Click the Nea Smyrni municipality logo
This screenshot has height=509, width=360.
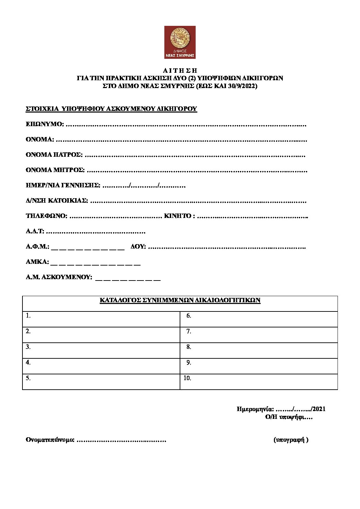pyautogui.click(x=180, y=42)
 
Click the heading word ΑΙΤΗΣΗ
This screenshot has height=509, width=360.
pyautogui.click(x=180, y=71)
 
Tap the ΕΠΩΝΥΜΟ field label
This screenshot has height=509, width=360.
pyautogui.click(x=45, y=124)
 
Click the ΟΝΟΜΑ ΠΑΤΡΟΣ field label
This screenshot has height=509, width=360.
pyautogui.click(x=54, y=155)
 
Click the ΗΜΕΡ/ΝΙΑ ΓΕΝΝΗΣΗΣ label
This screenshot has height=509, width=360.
pyautogui.click(x=63, y=186)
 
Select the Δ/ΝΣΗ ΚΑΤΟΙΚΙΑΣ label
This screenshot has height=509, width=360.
pyautogui.click(x=57, y=201)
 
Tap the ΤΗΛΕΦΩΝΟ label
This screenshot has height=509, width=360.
pyautogui.click(x=46, y=216)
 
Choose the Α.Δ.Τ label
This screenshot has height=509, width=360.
pyautogui.click(x=35, y=232)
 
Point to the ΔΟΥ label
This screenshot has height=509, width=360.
pyautogui.click(x=138, y=247)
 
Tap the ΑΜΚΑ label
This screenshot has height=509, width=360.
pyautogui.click(x=37, y=262)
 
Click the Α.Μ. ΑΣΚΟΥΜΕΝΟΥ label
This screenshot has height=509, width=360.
pyautogui.click(x=59, y=277)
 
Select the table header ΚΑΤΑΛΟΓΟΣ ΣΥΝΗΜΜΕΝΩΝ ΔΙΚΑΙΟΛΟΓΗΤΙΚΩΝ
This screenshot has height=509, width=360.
pyautogui.click(x=180, y=301)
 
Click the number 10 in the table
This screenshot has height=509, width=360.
pyautogui.click(x=187, y=378)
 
